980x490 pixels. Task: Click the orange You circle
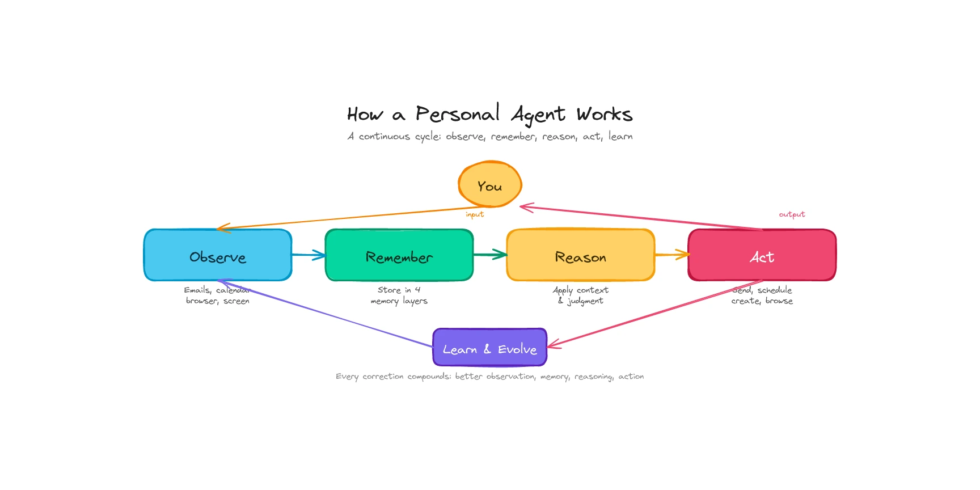489,185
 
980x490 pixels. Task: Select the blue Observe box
218,255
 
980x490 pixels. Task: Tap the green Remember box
399,255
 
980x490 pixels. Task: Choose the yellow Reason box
581,255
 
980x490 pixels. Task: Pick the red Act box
762,255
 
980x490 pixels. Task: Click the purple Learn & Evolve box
489,348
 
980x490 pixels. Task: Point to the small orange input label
475,214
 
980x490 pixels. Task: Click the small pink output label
792,214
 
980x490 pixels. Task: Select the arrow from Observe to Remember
309,255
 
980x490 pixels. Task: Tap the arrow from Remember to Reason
491,255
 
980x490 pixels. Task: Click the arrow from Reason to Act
672,255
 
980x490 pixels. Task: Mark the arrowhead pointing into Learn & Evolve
552,344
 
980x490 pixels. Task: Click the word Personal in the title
457,114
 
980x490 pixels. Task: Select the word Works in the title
604,115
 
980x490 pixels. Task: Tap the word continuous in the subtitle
384,137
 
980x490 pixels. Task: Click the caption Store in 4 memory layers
399,295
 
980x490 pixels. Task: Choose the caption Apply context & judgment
581,295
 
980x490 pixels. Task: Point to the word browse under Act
779,301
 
